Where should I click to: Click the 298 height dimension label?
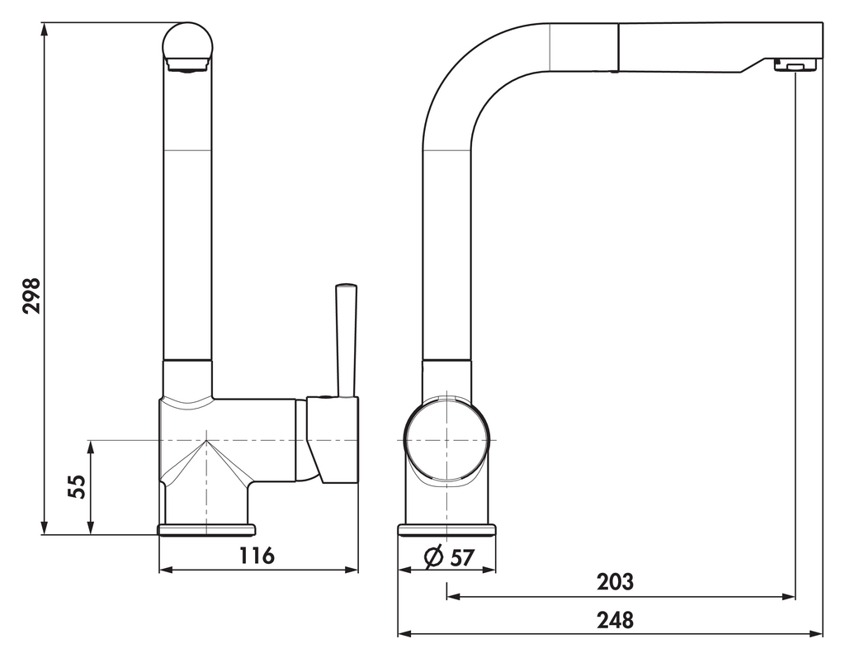[x=31, y=295]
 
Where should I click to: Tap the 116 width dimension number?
[x=257, y=556]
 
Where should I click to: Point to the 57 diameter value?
[x=462, y=558]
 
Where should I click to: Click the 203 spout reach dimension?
[x=616, y=582]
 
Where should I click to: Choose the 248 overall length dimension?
[x=616, y=620]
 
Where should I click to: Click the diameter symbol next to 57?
[x=435, y=558]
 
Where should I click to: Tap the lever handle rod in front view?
[x=345, y=338]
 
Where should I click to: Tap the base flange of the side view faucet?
[x=446, y=529]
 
